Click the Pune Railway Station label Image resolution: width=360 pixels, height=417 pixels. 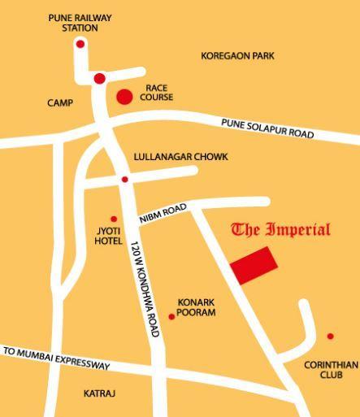tap(80, 23)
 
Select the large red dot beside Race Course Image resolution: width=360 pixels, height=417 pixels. tap(124, 98)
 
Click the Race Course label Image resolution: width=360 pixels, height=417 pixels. tap(156, 93)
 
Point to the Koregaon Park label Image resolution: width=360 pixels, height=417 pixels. tap(237, 56)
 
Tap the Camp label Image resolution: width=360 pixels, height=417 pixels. tap(60, 103)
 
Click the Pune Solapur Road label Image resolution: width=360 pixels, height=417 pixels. tap(267, 128)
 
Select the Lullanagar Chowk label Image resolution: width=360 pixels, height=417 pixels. tap(181, 157)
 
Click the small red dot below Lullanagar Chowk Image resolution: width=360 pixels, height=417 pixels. tap(124, 180)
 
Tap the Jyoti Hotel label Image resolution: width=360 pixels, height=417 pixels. tap(108, 237)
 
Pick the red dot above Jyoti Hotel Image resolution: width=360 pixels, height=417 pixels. tap(114, 219)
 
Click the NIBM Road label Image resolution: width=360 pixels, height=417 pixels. tap(163, 214)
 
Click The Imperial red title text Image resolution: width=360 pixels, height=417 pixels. tap(281, 229)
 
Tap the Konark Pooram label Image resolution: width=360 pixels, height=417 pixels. tap(196, 307)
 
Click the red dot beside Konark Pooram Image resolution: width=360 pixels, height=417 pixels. tap(171, 316)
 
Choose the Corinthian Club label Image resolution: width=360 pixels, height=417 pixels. tap(331, 370)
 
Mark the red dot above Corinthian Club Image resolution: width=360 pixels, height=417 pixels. tap(330, 336)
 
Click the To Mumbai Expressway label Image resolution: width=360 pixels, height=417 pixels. tap(57, 358)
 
